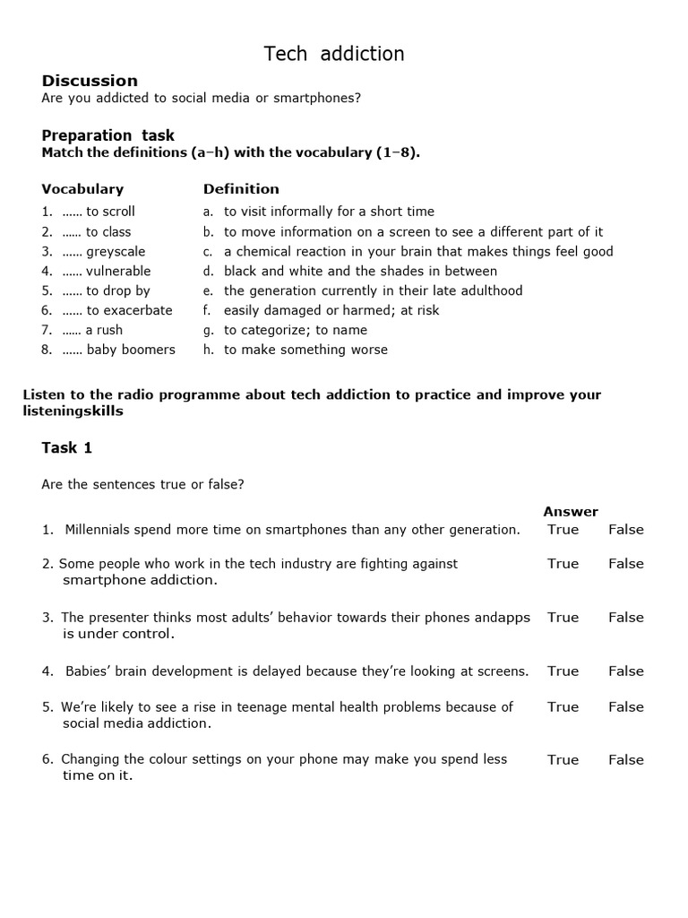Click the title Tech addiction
click(334, 54)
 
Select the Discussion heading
click(90, 81)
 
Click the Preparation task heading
click(108, 135)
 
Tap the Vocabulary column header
click(82, 189)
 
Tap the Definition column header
click(241, 189)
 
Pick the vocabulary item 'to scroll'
click(110, 212)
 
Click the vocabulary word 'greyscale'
click(116, 251)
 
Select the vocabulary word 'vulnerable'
click(118, 271)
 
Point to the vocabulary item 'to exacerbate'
click(129, 310)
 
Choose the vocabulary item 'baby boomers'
click(131, 350)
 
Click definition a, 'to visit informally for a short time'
click(329, 212)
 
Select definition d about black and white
click(360, 271)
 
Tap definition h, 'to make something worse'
click(305, 350)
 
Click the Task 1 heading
click(67, 447)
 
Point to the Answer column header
click(571, 511)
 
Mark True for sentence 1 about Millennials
click(563, 529)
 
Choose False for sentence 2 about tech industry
click(626, 563)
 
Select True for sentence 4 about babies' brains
click(563, 671)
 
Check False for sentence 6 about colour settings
click(626, 759)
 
